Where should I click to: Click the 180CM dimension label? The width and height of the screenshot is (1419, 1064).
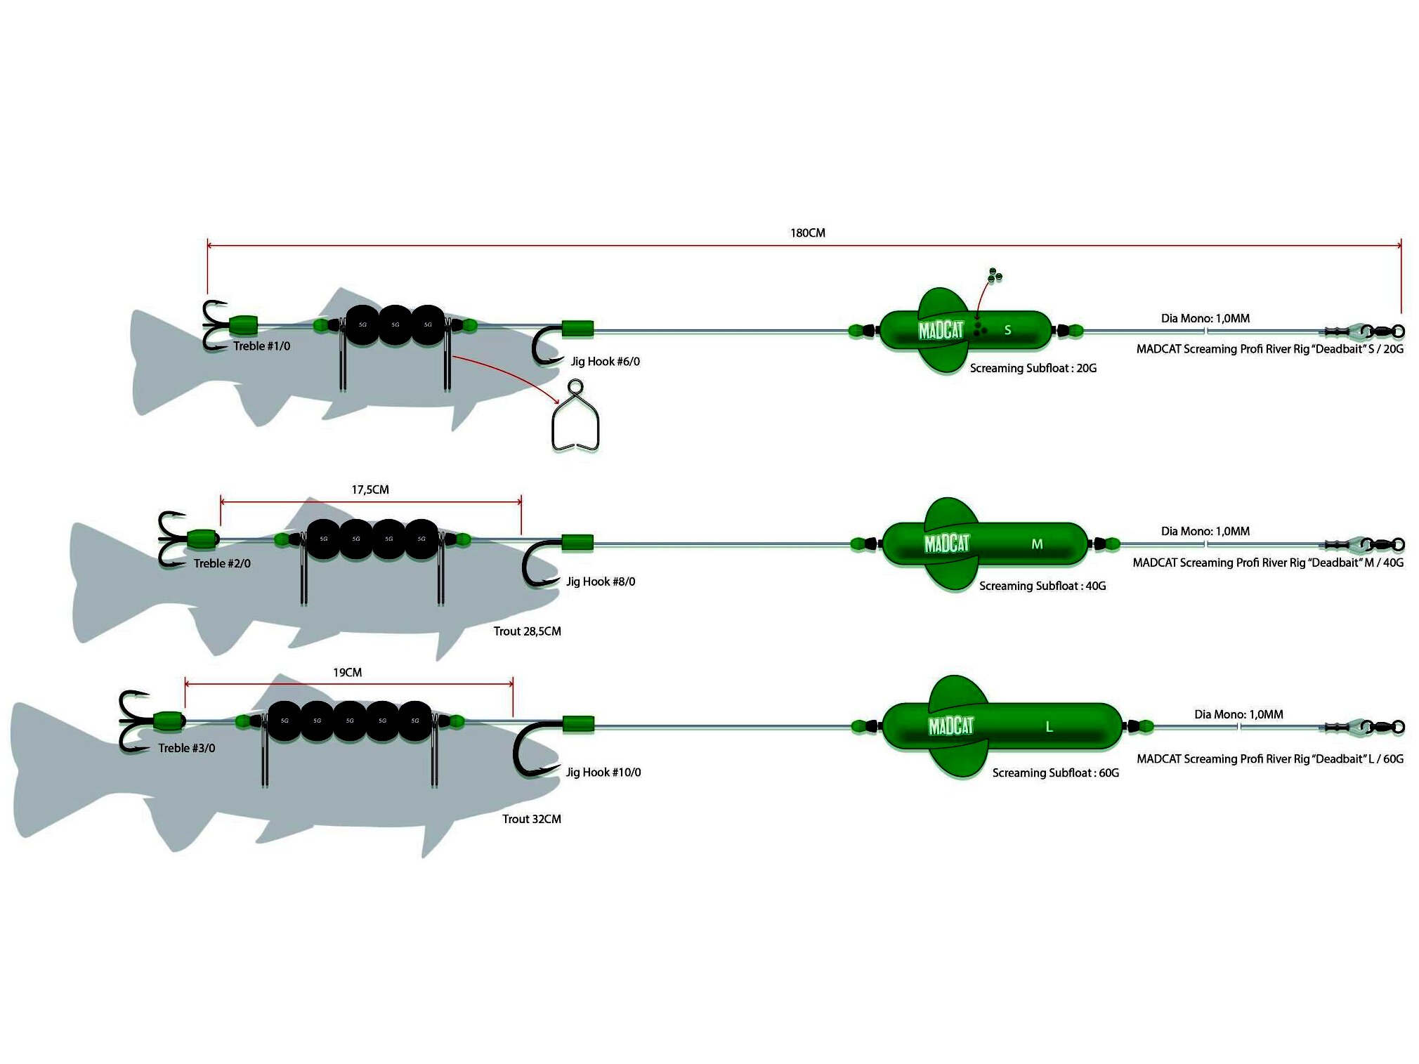pyautogui.click(x=807, y=232)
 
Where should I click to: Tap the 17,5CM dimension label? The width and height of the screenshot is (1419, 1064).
pyautogui.click(x=370, y=490)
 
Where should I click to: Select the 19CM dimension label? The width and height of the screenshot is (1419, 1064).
pyautogui.click(x=347, y=672)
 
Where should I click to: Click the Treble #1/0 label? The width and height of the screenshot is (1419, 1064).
pyautogui.click(x=261, y=346)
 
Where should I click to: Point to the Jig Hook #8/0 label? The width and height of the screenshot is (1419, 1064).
pyautogui.click(x=601, y=582)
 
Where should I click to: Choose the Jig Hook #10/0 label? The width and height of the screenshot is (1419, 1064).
pyautogui.click(x=603, y=772)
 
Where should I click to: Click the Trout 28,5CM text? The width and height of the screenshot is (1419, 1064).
pyautogui.click(x=527, y=631)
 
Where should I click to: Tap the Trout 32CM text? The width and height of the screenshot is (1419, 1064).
pyautogui.click(x=531, y=819)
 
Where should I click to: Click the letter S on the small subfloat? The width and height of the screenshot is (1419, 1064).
pyautogui.click(x=1007, y=330)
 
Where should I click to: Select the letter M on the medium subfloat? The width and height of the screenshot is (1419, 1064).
pyautogui.click(x=1037, y=544)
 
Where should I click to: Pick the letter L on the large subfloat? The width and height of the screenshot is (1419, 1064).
pyautogui.click(x=1049, y=727)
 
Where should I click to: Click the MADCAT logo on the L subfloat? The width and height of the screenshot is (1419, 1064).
pyautogui.click(x=951, y=726)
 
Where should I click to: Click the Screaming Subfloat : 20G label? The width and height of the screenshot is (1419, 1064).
pyautogui.click(x=1033, y=368)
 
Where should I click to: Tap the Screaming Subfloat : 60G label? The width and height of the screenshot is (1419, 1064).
pyautogui.click(x=1055, y=773)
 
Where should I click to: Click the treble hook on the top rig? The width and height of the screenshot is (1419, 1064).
pyautogui.click(x=214, y=325)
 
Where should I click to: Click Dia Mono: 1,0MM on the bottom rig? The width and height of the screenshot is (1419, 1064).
pyautogui.click(x=1238, y=714)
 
